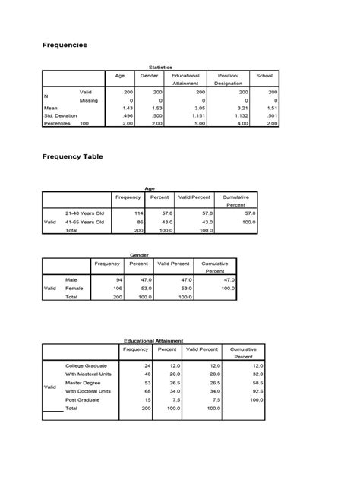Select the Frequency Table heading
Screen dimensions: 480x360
point(72,156)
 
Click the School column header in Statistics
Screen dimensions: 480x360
point(264,76)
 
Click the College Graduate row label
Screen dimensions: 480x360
point(87,366)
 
